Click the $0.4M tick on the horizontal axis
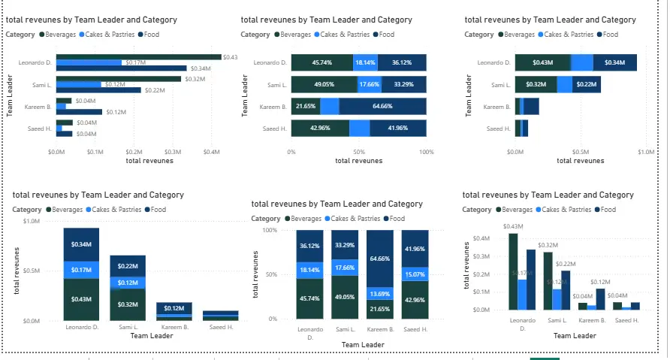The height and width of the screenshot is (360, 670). click(212, 151)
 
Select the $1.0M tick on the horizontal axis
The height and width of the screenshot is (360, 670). click(646, 151)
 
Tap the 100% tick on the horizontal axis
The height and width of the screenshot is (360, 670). click(426, 151)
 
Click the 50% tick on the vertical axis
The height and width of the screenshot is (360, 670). click(270, 274)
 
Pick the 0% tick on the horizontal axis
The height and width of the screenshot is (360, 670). click(291, 151)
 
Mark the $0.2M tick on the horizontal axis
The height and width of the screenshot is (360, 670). click(134, 151)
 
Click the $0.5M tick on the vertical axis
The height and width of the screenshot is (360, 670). click(31, 271)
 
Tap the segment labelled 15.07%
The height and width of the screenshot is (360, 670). click(415, 274)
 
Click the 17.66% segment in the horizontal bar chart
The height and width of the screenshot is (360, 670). click(370, 85)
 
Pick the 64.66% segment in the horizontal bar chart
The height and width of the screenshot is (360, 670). click(382, 107)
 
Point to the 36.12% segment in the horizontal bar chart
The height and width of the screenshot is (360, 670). click(402, 63)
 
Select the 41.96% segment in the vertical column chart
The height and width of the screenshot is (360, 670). click(415, 249)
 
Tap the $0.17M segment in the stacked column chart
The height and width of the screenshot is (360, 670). click(81, 270)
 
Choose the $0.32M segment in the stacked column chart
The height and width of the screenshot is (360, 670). click(128, 304)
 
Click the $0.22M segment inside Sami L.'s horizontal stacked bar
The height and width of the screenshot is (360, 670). click(587, 85)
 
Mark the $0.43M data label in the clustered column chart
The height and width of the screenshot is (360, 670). click(513, 226)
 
